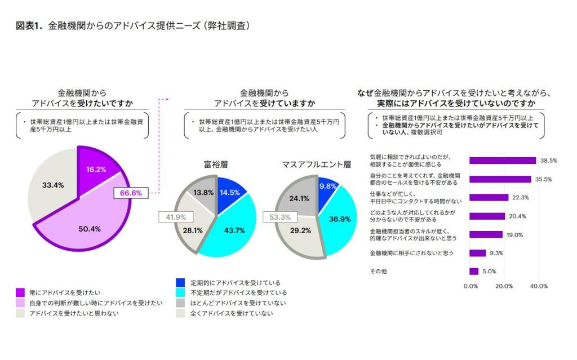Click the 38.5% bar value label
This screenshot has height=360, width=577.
click(548, 161)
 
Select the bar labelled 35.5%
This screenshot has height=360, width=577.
click(500, 179)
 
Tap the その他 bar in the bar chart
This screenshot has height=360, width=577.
click(474, 271)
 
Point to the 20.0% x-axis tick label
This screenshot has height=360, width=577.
click(504, 286)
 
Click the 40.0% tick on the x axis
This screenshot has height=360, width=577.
click(539, 286)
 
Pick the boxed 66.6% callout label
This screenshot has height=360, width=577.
click(131, 193)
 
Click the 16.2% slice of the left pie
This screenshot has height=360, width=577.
click(95, 168)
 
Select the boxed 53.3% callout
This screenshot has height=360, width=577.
click(280, 216)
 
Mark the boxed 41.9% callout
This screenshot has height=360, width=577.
click(179, 216)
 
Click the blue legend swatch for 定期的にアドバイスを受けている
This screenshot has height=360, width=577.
click(180, 282)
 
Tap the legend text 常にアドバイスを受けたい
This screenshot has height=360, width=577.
click(65, 292)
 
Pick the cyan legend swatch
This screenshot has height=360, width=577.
click(180, 292)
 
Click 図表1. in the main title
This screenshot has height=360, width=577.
click(30, 26)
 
